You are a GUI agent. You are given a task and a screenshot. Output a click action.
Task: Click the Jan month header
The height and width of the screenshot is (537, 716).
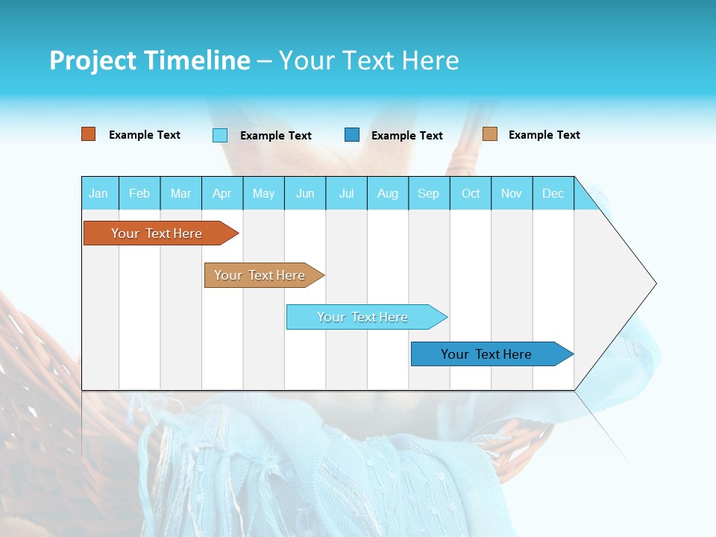(98, 193)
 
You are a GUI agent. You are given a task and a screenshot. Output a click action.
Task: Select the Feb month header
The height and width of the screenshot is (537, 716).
(139, 193)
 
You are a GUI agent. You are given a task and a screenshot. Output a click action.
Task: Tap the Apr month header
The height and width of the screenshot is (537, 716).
(222, 193)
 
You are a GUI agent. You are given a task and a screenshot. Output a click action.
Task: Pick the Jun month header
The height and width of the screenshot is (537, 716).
(305, 193)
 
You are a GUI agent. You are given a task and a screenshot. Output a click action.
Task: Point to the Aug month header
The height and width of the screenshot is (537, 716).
(388, 193)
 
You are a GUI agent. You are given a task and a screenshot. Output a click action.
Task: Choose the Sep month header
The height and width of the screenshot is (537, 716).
(429, 193)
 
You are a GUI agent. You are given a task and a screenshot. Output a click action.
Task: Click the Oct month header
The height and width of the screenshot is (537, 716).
(471, 193)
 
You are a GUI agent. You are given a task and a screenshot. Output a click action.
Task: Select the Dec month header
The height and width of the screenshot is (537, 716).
(553, 193)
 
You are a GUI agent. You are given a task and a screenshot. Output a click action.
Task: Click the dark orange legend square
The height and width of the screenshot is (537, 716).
(89, 134)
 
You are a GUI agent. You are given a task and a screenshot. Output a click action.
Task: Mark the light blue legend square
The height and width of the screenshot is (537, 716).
(220, 135)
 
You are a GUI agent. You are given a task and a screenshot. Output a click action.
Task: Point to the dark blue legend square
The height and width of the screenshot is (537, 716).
(352, 135)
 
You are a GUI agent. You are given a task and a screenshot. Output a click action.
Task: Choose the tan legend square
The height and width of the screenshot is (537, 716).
(490, 134)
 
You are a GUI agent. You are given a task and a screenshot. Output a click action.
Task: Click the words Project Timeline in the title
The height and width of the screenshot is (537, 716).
(150, 60)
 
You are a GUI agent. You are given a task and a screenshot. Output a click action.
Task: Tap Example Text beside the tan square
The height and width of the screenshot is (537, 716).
(544, 135)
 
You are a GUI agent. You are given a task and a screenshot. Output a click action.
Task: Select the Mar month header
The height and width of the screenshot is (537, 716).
(180, 193)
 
